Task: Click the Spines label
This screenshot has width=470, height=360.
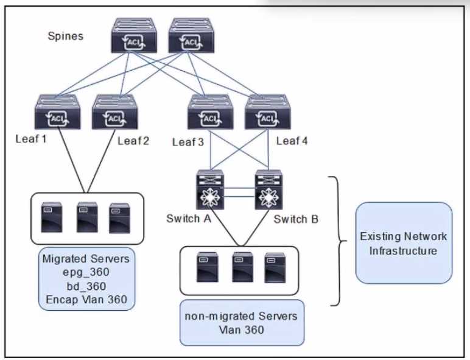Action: coord(66,36)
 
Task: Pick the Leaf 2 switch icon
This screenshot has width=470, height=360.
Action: coord(114,112)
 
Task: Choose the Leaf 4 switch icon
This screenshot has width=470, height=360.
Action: coord(266,112)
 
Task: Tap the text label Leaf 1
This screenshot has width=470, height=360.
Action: coord(31,139)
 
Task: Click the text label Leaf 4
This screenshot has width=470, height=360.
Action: coord(292,142)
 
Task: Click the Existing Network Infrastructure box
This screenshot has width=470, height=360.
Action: coord(404,243)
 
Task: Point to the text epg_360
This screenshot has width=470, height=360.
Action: coord(85,272)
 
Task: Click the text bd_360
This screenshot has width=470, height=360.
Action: coord(85,286)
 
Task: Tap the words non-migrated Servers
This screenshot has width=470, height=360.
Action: coord(242,316)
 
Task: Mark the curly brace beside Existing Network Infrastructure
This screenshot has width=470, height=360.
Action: coord(337,241)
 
